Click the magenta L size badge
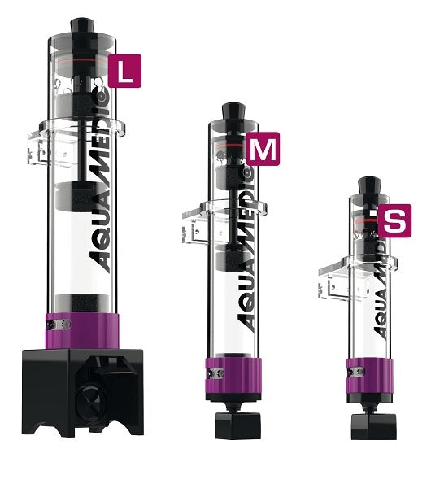click(124, 71)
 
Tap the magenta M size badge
click(263, 149)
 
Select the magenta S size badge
click(394, 220)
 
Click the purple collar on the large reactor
click(82, 330)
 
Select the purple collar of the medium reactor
click(233, 375)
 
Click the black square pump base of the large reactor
click(83, 393)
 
